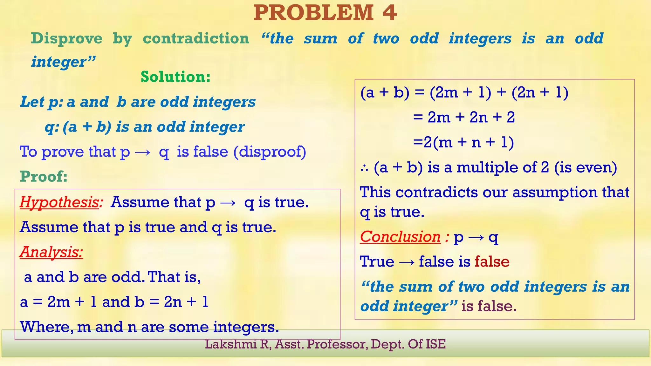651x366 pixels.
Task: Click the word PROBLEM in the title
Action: (x=313, y=13)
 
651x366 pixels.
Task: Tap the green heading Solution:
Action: (x=175, y=77)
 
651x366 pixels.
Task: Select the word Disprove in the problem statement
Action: (x=67, y=39)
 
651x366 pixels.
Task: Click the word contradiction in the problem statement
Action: (x=196, y=39)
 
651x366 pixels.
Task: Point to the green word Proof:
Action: (x=44, y=177)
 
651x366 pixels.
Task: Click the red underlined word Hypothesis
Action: (x=59, y=202)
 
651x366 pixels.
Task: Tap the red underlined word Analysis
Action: (x=51, y=252)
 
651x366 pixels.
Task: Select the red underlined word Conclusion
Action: (x=400, y=237)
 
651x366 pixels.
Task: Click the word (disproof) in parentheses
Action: (x=270, y=152)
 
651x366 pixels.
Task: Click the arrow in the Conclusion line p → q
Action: (x=476, y=238)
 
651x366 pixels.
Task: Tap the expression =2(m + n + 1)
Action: (x=463, y=142)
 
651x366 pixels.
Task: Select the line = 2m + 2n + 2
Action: (x=464, y=118)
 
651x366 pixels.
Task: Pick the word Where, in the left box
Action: (x=47, y=327)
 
